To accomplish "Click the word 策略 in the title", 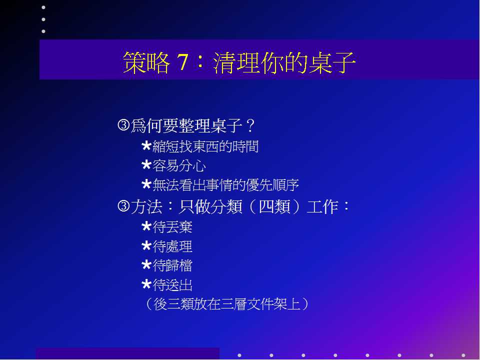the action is click(x=146, y=62).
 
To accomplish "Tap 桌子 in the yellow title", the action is click(x=332, y=62).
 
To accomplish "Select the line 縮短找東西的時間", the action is click(x=205, y=146).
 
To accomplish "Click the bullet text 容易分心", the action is click(x=179, y=166).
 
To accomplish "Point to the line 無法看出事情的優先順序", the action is click(x=225, y=185).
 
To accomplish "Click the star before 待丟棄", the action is click(x=146, y=226).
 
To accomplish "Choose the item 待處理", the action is click(x=172, y=246).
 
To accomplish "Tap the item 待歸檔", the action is click(x=172, y=265).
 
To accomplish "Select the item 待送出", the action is click(x=172, y=285).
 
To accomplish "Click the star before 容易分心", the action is click(x=146, y=165).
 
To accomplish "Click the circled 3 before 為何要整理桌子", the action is click(x=123, y=125).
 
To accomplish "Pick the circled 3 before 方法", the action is click(x=123, y=206).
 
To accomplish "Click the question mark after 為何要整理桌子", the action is click(x=250, y=125).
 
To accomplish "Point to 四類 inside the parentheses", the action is click(x=274, y=206).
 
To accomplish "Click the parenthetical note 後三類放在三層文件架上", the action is click(x=227, y=304).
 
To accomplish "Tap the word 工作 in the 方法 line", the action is click(x=322, y=206).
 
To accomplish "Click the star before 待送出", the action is click(x=146, y=284).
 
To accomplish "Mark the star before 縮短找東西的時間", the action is click(x=146, y=146).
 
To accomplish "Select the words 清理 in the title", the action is click(x=237, y=62).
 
